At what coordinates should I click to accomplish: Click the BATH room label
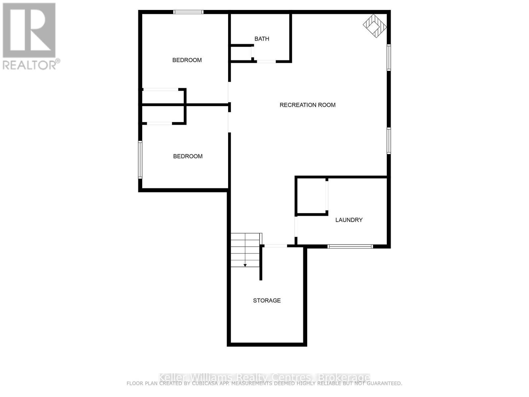[x=262, y=39]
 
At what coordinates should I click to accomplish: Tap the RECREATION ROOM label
[x=307, y=105]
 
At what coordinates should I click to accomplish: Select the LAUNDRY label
[x=349, y=220]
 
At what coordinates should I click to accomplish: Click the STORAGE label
[x=267, y=300]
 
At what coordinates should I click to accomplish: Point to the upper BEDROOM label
[x=187, y=60]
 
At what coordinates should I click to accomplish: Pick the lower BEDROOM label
[x=188, y=156]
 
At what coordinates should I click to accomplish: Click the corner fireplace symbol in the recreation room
[x=375, y=25]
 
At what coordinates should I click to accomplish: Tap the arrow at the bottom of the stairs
[x=245, y=265]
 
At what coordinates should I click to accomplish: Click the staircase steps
[x=245, y=250]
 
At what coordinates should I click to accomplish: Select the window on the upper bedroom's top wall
[x=188, y=12]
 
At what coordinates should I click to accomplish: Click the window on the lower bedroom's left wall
[x=140, y=160]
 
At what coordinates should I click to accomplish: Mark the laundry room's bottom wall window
[x=350, y=246]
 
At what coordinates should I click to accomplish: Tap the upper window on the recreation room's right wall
[x=389, y=58]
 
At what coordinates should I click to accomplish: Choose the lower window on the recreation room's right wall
[x=389, y=141]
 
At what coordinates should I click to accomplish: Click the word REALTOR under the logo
[x=30, y=65]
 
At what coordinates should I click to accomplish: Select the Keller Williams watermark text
[x=264, y=377]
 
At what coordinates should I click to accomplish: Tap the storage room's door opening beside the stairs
[x=275, y=246]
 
